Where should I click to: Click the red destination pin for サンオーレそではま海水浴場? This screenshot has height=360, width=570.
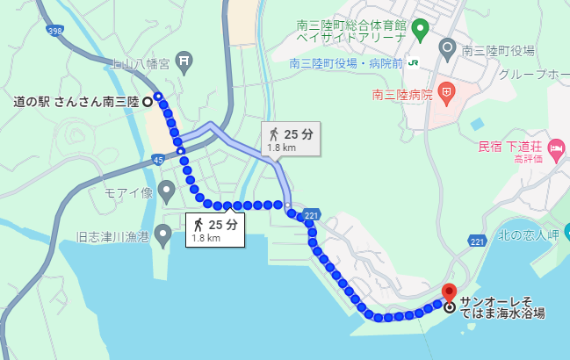click(x=450, y=292)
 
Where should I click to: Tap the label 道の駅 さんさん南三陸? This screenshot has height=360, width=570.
click(x=76, y=102)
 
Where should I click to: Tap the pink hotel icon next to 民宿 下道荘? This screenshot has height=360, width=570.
click(x=556, y=154)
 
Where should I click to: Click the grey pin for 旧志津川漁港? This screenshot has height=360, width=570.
click(x=162, y=234)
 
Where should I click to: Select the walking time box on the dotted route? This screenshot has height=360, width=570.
click(x=214, y=229)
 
